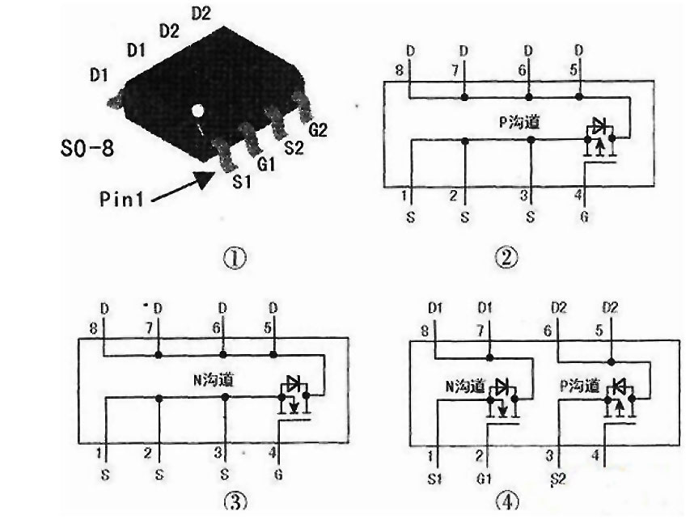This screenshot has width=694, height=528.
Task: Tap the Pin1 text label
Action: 122,200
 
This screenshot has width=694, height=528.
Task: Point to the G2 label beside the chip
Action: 317,129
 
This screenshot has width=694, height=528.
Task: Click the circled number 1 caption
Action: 235,259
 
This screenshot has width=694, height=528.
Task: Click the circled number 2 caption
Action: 506,258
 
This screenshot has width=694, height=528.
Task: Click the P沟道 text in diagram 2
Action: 518,123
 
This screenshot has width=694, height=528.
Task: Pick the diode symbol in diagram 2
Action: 599,125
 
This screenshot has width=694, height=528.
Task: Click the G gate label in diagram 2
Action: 584,218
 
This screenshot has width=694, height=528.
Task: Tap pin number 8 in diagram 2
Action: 400,70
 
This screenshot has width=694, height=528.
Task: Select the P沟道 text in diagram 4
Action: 581,384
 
